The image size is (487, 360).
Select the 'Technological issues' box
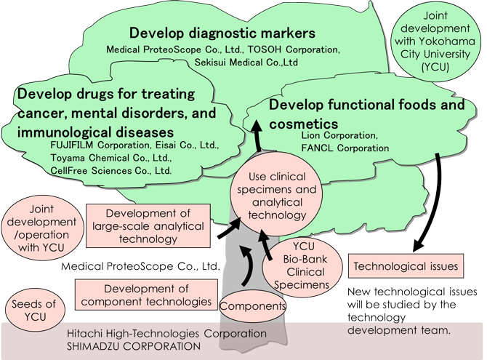406,266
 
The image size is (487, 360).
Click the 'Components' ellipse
254,306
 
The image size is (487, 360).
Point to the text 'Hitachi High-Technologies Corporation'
166,334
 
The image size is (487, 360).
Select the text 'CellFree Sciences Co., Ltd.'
112,171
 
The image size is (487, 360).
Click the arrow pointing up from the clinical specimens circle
257,138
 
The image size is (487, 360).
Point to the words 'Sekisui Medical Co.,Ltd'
246,63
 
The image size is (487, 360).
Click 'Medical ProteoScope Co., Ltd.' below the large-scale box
141,266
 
